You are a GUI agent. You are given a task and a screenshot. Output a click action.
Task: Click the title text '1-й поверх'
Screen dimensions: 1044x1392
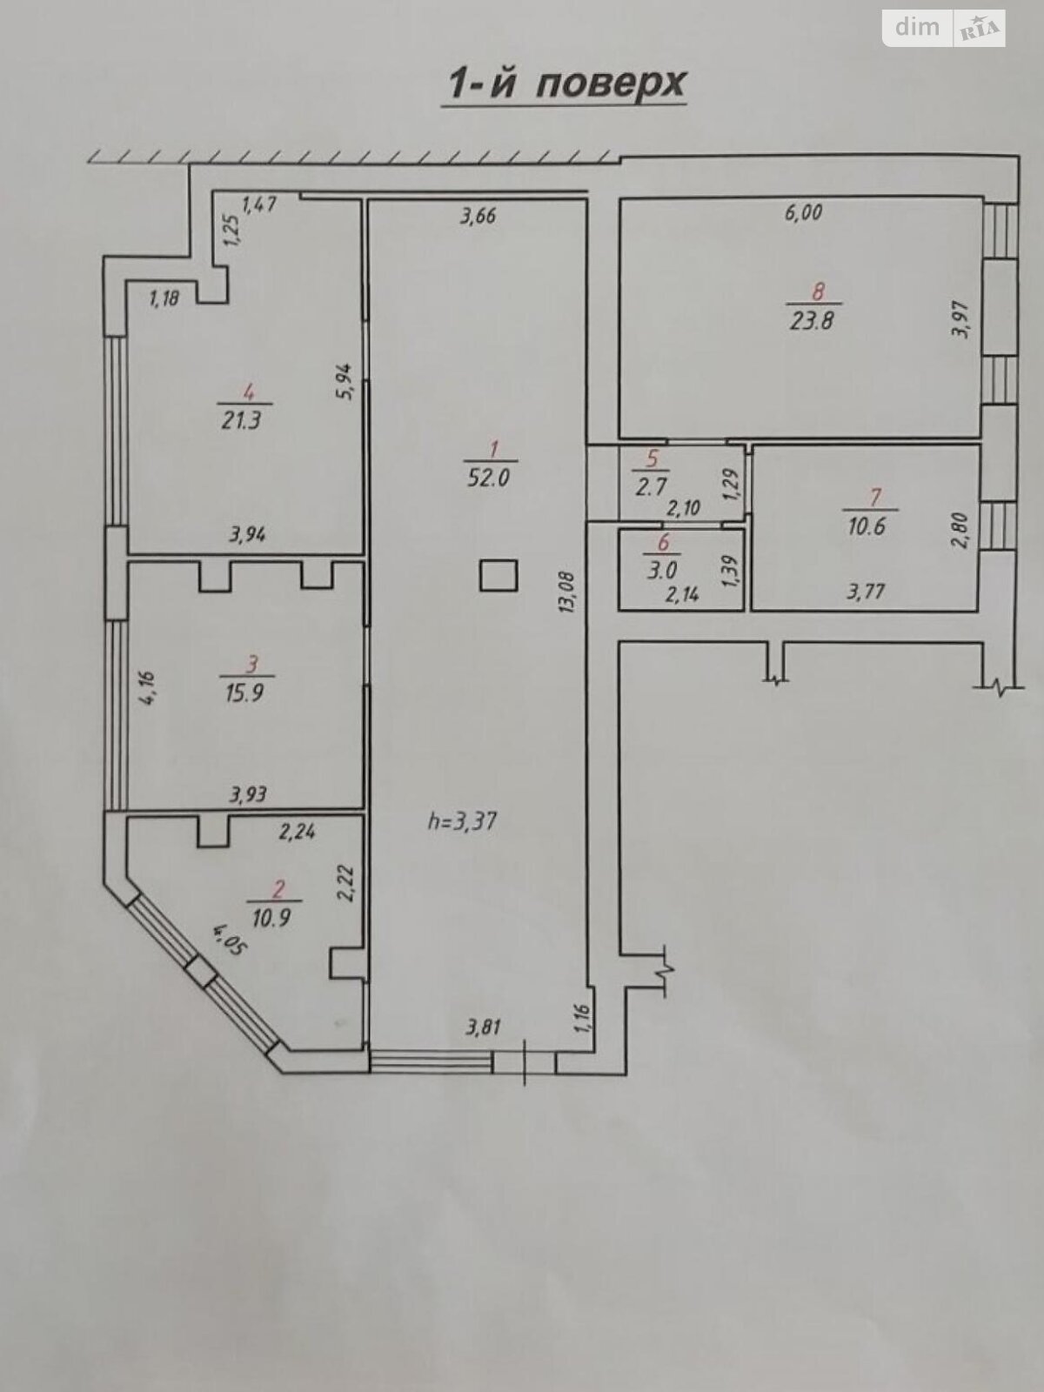coord(565,84)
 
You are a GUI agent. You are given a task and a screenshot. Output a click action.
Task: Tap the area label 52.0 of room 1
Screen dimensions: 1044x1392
coord(489,477)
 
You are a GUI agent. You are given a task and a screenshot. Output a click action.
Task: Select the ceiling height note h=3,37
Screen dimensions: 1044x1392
coord(463,821)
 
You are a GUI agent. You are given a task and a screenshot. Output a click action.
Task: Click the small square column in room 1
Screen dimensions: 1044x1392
coord(499,576)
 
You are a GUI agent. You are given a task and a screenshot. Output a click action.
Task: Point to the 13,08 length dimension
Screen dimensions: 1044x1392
coord(566,592)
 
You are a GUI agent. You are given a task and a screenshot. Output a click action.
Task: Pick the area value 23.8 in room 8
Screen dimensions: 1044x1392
coord(812,321)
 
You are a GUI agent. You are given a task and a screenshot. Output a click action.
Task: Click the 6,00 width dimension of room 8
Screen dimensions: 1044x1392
coord(803,212)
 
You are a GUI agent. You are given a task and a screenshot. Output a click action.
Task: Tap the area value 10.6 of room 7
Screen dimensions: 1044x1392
coord(866,525)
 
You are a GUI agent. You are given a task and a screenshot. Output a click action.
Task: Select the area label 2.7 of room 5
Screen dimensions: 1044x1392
coord(652,486)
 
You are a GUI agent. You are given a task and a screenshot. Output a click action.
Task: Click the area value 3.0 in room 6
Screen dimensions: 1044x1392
coord(662,570)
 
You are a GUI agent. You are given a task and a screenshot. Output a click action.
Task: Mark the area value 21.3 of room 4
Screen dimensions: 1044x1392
coord(241,420)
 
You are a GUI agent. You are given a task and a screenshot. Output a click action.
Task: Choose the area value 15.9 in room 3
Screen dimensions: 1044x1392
coord(244,693)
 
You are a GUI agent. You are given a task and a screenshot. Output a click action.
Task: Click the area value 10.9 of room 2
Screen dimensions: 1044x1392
coord(271,918)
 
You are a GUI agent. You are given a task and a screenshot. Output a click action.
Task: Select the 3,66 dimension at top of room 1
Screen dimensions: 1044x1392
coord(478,217)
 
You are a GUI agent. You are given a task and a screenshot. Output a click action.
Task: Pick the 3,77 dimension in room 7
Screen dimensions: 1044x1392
coord(866,592)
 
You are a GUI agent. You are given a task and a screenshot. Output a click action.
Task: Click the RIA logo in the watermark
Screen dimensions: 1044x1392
coord(980,28)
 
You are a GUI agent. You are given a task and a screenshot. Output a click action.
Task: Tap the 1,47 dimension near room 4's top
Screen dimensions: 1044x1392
coord(259,204)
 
